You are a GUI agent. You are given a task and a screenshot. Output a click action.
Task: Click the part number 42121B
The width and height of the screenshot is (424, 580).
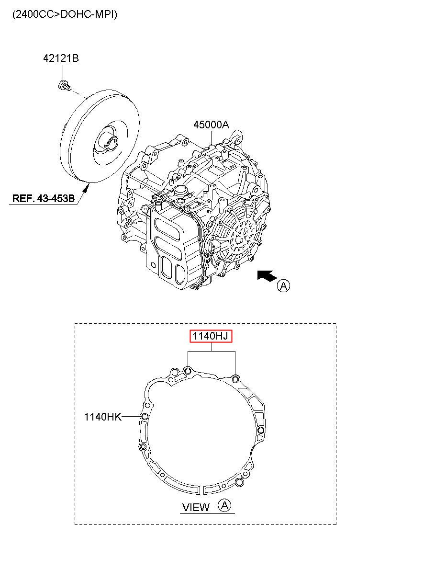click(x=61, y=58)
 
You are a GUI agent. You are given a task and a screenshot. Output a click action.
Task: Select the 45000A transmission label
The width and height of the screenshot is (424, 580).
click(x=212, y=125)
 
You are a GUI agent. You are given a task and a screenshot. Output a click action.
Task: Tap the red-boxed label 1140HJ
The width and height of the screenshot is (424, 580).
click(x=211, y=336)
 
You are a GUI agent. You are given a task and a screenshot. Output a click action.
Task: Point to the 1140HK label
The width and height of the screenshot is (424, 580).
click(x=103, y=417)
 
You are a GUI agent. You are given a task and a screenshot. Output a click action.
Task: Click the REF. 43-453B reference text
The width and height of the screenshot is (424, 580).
click(x=44, y=198)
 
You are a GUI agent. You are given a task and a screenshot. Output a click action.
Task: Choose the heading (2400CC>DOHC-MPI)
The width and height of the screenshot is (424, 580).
click(x=65, y=14)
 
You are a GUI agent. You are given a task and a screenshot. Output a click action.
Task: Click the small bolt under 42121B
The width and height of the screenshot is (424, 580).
click(x=65, y=86)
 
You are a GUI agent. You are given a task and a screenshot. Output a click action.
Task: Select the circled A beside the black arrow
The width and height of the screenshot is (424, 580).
click(x=283, y=286)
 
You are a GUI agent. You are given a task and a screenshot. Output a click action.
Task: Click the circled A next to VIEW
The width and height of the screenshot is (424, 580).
click(x=224, y=505)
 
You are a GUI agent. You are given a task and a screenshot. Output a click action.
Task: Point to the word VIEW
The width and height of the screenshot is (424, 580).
click(x=196, y=507)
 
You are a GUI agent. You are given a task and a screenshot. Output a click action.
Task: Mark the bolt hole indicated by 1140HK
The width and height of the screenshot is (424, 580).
click(x=145, y=416)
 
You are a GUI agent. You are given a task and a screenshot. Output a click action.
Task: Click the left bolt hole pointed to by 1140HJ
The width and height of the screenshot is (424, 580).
click(x=188, y=371)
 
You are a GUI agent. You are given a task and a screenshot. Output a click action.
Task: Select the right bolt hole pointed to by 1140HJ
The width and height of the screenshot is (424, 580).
click(x=235, y=380)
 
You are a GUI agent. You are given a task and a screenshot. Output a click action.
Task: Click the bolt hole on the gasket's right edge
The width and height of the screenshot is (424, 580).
click(x=261, y=430)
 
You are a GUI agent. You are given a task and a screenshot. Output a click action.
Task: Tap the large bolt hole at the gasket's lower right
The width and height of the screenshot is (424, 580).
click(x=240, y=482)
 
